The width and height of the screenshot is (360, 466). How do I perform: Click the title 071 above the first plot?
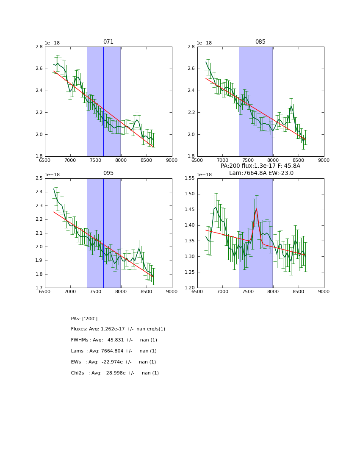108,42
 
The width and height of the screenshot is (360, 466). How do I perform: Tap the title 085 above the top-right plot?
260,42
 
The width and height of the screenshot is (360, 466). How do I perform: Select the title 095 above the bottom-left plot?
108,173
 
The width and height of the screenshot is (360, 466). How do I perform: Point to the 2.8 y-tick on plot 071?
39,47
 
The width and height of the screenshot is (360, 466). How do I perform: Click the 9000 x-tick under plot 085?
324,161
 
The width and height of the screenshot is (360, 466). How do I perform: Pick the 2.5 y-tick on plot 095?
39,178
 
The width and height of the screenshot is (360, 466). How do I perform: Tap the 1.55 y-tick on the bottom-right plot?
189,178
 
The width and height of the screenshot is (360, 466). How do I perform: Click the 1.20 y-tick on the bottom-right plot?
189,288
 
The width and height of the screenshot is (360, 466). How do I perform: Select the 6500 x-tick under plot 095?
45,292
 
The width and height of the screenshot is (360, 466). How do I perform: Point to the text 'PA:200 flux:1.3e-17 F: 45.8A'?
260,166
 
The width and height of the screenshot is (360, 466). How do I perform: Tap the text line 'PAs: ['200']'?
84,319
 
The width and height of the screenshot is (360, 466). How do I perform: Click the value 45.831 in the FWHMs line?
116,340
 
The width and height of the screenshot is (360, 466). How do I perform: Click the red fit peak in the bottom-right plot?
256,209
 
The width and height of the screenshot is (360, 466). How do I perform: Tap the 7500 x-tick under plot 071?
95,161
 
